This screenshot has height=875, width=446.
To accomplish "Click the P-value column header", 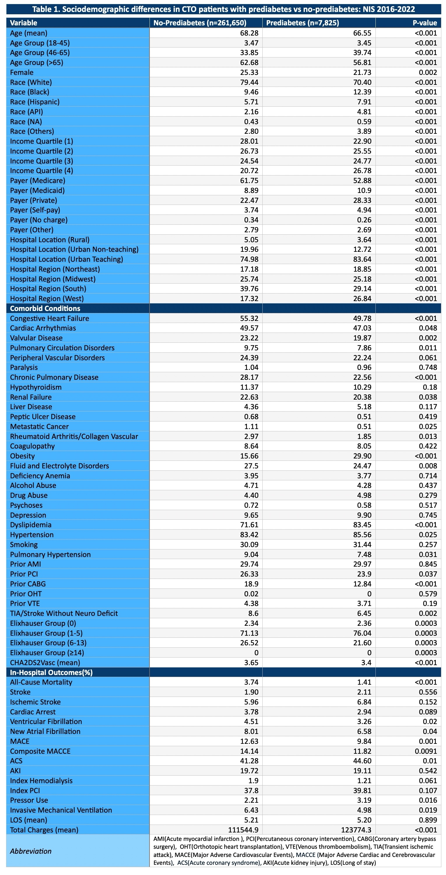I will pos(425,23).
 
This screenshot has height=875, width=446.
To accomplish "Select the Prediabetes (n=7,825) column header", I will pos(302,23).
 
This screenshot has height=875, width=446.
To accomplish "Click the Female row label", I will pos(22,72).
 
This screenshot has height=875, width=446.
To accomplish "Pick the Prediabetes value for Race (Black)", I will pos(362,92).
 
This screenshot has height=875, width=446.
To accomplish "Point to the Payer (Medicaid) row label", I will pos(37,191).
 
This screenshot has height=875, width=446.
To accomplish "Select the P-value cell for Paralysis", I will pos(428,368).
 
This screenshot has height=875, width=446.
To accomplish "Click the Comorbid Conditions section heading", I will pos(45,308).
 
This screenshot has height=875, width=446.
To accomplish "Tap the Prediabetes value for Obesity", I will pos(362,456).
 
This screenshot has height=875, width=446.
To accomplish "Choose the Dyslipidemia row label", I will pos(31,525).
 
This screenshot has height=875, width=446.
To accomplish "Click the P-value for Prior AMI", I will pos(428,564).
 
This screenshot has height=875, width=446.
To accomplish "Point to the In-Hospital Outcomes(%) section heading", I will pos(51,672).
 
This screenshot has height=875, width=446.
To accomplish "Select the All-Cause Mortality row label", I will pos(41,682).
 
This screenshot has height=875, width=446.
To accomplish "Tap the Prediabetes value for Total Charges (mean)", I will pos(356,830).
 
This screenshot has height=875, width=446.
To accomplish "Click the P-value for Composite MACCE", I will pos(426,751).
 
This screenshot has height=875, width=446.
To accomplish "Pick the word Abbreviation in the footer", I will pos(31,851).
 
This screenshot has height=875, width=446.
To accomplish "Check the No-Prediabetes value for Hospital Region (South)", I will pos(249,289).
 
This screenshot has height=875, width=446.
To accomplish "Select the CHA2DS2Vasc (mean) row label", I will pos(45,663).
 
